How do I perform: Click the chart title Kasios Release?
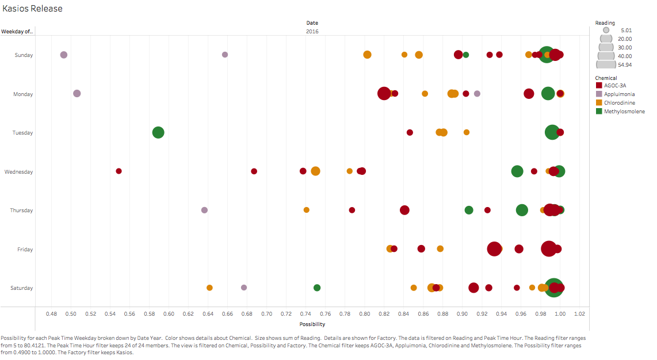[33, 9]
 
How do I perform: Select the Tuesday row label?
[23, 133]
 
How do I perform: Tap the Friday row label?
[25, 250]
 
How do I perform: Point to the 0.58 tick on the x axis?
[149, 314]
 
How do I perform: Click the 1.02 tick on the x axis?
[579, 314]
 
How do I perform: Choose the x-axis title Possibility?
[312, 324]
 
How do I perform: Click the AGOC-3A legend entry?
[615, 86]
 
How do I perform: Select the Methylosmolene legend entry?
[624, 112]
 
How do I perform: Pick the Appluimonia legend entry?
[619, 94]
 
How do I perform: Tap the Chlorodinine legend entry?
[620, 103]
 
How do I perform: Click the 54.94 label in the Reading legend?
[625, 65]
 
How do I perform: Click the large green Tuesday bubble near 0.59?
[158, 132]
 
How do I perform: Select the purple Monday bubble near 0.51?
[77, 93]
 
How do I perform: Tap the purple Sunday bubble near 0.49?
[64, 55]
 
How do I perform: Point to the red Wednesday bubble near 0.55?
[119, 171]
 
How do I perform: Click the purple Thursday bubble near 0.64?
[204, 210]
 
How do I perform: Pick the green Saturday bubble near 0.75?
[317, 288]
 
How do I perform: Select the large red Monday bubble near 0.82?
[384, 93]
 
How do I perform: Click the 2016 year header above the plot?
[312, 32]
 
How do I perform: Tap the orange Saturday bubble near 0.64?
[209, 288]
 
